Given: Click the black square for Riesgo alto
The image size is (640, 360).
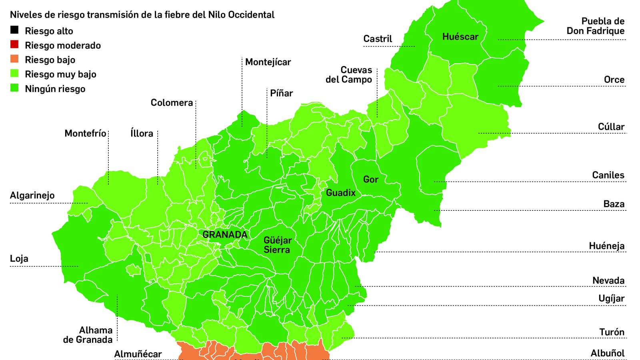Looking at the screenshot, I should [14, 30].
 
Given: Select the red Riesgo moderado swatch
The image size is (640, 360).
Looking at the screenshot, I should [14, 44].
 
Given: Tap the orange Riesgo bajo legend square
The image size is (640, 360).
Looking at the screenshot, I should [14, 59].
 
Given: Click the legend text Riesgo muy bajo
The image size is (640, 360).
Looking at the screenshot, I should [60, 74].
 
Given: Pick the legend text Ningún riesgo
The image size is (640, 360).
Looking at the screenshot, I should [55, 89].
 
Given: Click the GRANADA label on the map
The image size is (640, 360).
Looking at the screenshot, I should [225, 235].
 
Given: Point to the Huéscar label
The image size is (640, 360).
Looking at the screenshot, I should [460, 37].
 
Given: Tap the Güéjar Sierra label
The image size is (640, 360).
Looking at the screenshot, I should [277, 245].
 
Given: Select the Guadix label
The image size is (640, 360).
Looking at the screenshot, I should [340, 193].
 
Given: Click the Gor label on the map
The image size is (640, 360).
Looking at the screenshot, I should [370, 180].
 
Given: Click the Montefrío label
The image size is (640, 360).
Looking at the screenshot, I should [85, 133].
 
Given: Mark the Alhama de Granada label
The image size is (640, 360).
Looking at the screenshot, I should [88, 335].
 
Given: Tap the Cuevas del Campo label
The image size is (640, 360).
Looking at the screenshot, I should [349, 75].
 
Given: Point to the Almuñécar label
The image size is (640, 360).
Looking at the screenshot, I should [138, 354].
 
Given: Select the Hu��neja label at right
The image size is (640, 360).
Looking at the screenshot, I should [606, 246].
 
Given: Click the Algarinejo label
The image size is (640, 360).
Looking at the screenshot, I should [32, 196].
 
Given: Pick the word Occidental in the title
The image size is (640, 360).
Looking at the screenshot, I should [251, 15].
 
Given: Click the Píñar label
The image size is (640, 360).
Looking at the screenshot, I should [281, 93].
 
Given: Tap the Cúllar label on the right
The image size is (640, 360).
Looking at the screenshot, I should [611, 127].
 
